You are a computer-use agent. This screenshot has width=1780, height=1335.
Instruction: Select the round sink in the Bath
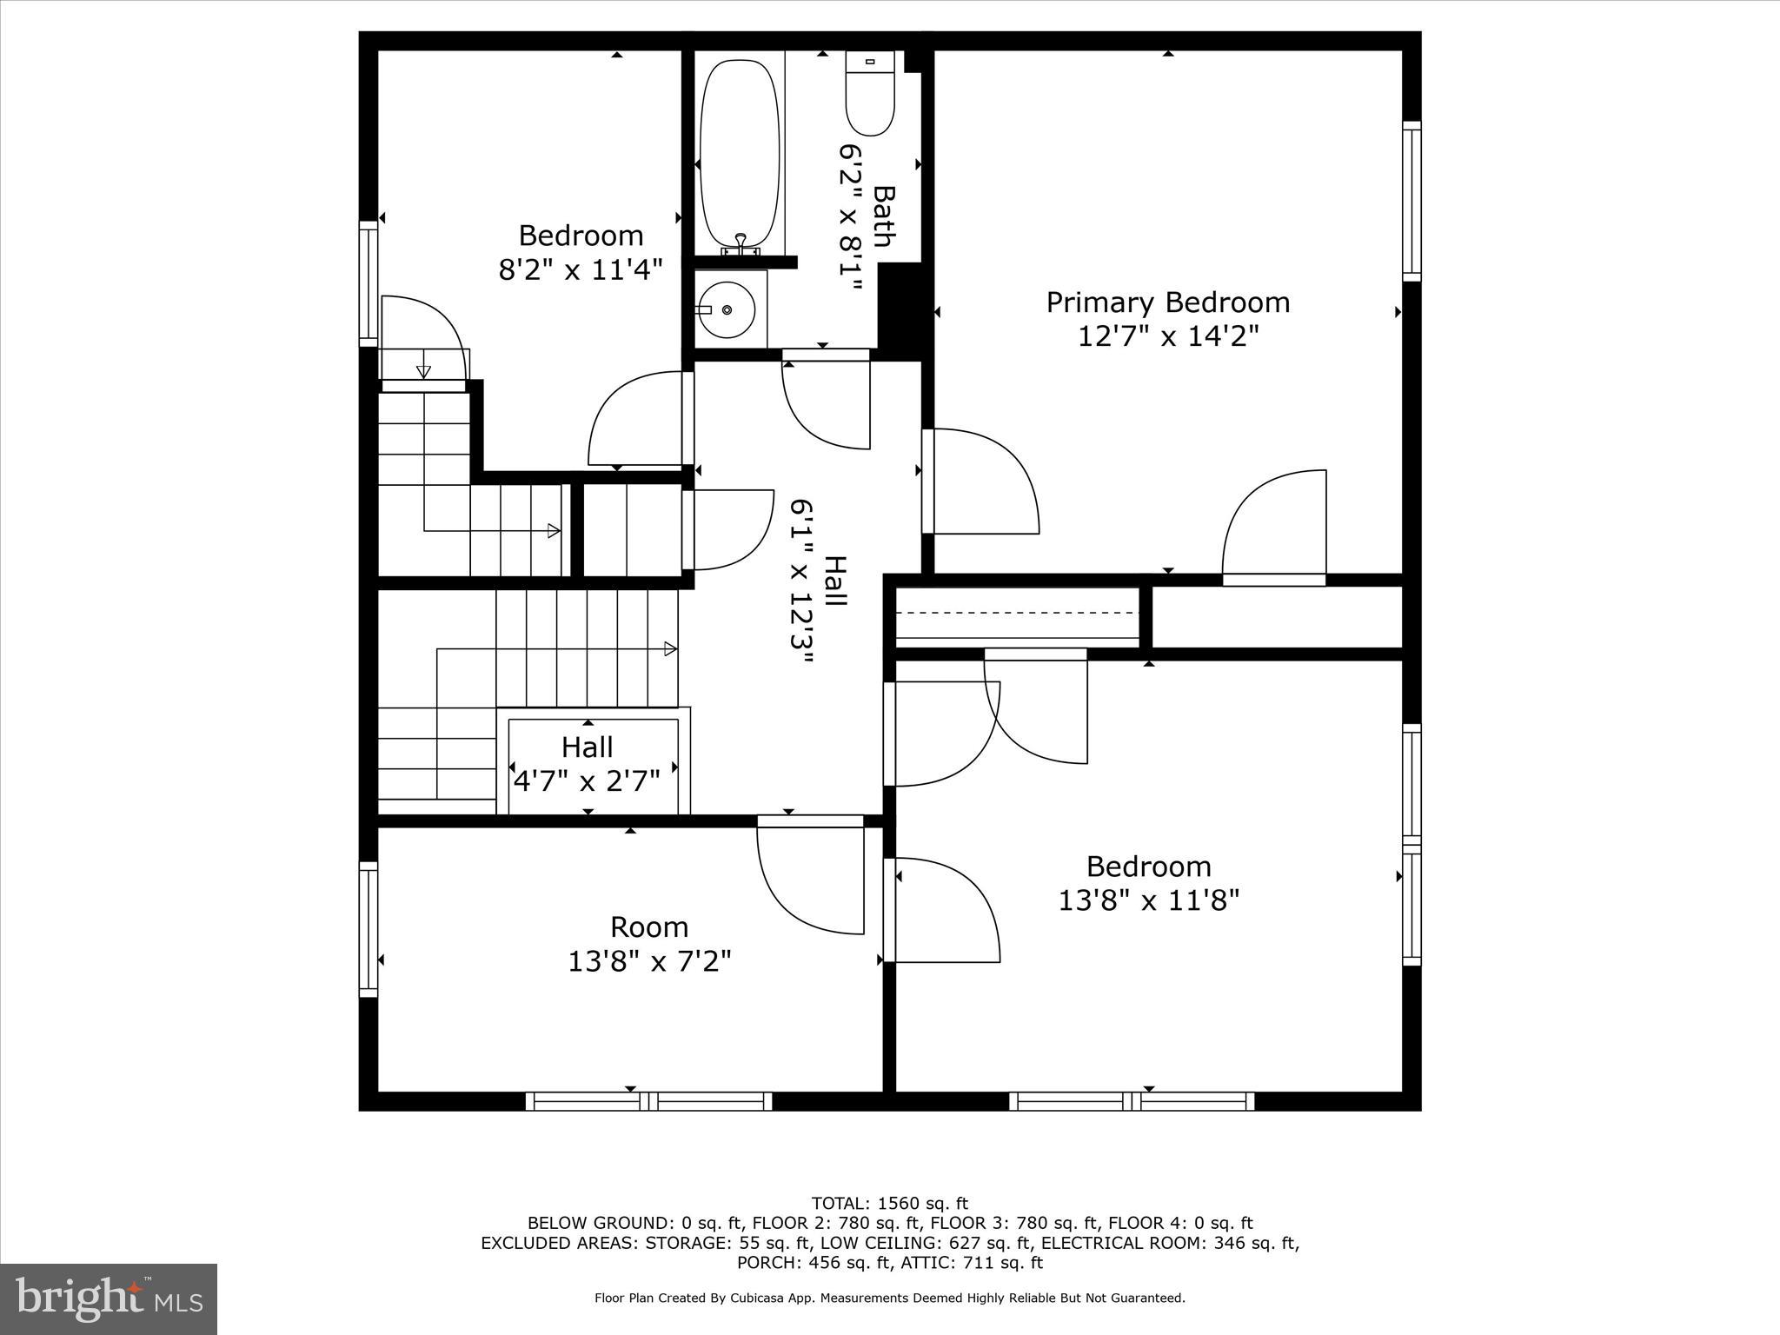tap(727, 309)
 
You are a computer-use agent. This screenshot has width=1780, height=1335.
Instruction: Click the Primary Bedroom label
tap(1167, 302)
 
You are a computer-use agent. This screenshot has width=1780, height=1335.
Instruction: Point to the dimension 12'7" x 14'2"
tap(1167, 335)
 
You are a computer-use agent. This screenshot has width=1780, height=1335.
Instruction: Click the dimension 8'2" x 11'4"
tap(580, 269)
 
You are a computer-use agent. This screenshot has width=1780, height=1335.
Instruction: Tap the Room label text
tap(648, 927)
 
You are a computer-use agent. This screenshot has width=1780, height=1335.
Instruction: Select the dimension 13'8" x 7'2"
tap(648, 961)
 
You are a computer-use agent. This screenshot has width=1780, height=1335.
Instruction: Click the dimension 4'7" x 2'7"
tap(587, 780)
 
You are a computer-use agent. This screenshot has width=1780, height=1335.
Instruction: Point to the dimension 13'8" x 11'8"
tap(1147, 900)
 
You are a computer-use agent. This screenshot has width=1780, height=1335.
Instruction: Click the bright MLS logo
tap(109, 1298)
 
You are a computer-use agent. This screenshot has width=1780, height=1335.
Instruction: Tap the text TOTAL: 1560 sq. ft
tap(889, 1204)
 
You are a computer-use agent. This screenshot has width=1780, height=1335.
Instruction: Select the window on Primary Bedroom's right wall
tap(1411, 201)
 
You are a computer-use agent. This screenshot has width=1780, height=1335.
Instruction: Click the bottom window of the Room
tap(648, 1101)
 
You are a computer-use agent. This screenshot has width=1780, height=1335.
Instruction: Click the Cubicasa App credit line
tap(889, 1298)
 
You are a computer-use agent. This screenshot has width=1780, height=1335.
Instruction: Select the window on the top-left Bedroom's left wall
tap(369, 283)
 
